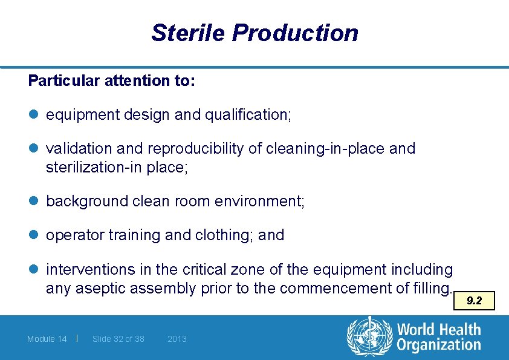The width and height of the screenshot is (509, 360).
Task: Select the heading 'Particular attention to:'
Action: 111,80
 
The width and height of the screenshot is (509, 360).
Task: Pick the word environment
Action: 265,201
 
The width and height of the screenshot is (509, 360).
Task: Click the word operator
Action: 75,235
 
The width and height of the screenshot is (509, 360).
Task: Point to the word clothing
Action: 224,235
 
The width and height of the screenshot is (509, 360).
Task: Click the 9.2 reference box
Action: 474,300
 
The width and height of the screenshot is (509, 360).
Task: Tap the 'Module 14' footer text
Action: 47,339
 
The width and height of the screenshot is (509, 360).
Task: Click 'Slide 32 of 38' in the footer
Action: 118,339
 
